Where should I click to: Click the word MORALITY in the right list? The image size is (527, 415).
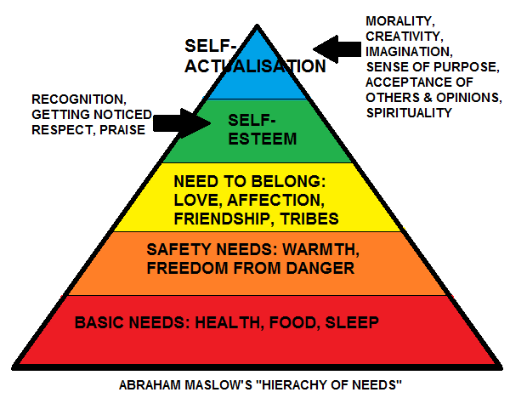(399, 21)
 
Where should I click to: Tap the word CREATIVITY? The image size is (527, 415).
(403, 37)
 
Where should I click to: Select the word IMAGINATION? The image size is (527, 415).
(408, 52)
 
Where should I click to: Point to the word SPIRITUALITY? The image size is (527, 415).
(409, 112)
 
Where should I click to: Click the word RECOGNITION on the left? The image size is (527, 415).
(77, 99)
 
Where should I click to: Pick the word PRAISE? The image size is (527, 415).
(122, 130)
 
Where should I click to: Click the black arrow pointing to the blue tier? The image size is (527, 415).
(337, 49)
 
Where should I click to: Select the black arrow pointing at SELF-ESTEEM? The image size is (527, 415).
(182, 123)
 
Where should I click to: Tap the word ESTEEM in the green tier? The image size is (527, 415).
(262, 139)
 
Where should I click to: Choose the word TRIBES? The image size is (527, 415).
(309, 219)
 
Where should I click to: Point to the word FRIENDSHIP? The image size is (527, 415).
(220, 219)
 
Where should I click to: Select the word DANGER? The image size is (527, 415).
(320, 269)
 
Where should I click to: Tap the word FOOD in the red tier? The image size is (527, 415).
(292, 323)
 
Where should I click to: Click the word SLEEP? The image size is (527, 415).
(352, 322)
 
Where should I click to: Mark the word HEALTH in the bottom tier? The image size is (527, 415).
(226, 323)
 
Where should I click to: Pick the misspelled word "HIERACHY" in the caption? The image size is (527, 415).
(292, 385)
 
